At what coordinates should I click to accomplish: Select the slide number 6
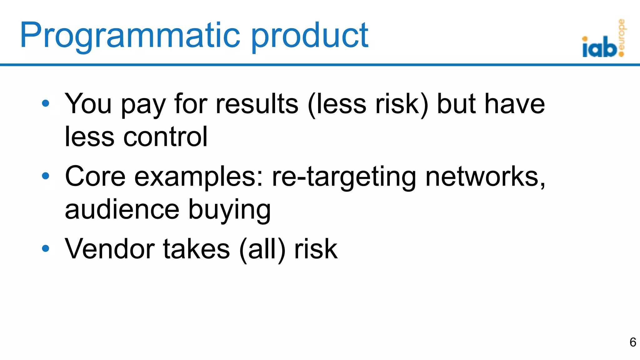(x=632, y=342)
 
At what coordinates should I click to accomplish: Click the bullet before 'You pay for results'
(x=46, y=103)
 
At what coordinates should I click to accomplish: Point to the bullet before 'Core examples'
(x=46, y=176)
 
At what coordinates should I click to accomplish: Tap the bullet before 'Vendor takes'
(x=46, y=248)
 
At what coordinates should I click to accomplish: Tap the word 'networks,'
(x=485, y=177)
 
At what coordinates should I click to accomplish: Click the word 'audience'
(x=122, y=209)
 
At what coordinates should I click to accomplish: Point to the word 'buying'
(x=229, y=210)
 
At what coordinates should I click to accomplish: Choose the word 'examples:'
(x=199, y=177)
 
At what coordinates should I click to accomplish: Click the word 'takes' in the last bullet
(x=197, y=249)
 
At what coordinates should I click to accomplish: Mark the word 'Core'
(x=95, y=176)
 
